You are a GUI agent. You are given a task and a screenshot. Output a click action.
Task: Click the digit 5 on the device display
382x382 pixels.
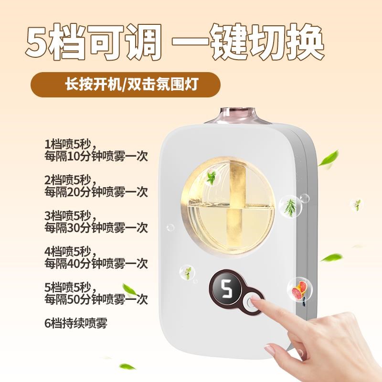(226, 289)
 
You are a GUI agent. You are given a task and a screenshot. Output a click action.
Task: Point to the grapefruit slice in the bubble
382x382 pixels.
(299, 289)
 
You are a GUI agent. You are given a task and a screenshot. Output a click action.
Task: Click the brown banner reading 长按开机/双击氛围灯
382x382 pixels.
(126, 85)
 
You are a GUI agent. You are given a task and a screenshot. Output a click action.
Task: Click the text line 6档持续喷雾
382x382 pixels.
(76, 323)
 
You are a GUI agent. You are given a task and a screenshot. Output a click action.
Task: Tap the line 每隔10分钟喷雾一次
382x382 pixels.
(96, 156)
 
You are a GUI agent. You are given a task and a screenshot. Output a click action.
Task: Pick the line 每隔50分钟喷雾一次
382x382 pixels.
(96, 299)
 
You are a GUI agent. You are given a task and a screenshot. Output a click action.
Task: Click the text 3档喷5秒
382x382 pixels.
(69, 216)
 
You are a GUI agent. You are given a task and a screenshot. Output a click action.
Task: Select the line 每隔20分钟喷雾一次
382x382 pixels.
(96, 192)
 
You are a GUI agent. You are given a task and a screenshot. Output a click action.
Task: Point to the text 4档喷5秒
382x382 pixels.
(69, 252)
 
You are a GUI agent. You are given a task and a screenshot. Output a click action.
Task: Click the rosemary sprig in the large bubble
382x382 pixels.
(290, 208)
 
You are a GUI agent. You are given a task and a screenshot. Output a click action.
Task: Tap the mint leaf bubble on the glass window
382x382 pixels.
(212, 177)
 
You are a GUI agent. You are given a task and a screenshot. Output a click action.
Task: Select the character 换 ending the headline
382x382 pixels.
(305, 42)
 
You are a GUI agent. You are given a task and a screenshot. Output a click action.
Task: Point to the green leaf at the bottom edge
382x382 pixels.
(127, 366)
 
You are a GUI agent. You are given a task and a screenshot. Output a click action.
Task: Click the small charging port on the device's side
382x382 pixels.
(304, 304)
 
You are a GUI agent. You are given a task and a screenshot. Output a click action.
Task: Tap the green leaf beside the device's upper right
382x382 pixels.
(329, 159)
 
